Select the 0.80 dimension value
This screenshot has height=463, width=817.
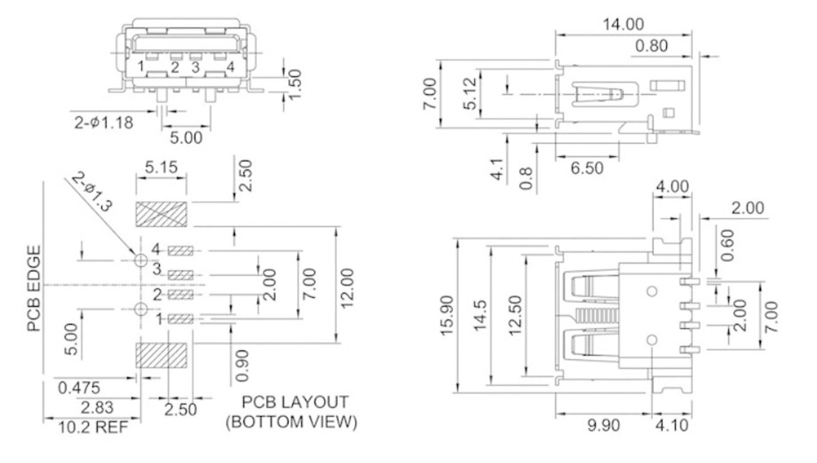651,46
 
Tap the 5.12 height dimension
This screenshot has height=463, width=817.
470,94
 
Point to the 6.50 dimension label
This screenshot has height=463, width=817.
587,168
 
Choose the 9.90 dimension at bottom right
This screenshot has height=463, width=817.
603,425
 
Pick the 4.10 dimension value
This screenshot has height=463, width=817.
671,425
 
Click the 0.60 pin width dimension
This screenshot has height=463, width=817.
727,245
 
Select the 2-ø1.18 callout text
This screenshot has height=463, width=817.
104,123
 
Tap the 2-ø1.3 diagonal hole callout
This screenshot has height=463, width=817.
92,191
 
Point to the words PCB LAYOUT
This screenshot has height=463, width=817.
295,402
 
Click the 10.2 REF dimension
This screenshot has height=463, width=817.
93,427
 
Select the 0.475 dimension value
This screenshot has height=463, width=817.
79,388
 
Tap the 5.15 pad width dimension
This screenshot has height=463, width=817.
161,167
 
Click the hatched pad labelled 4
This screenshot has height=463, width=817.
180,251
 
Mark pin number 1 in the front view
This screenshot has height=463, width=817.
141,66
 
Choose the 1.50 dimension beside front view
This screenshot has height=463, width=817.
295,84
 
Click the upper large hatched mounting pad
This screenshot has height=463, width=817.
161,214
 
